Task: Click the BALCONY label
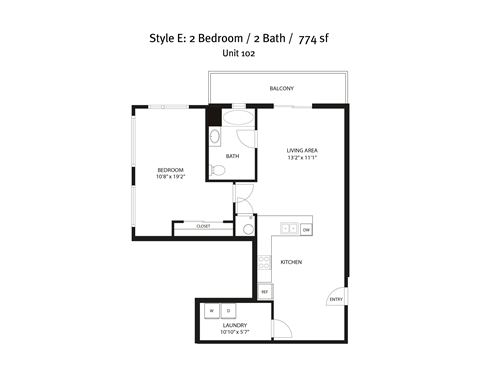[281, 89]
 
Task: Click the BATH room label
[232, 156]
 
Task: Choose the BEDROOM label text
[171, 170]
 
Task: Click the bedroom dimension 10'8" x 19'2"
[171, 177]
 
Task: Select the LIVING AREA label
[301, 150]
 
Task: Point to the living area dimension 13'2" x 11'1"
[301, 157]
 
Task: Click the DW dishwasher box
[306, 229]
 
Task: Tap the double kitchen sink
[288, 229]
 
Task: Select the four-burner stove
[265, 265]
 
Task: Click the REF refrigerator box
[264, 291]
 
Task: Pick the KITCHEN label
[291, 262]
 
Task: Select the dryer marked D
[228, 311]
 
